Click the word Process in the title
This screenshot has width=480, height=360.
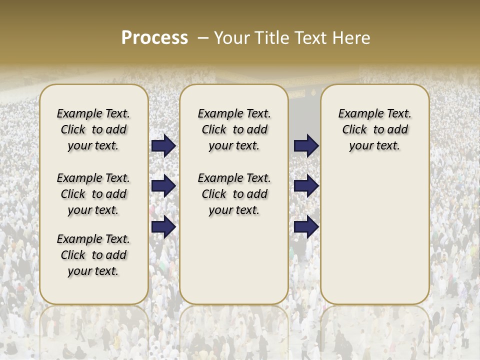[154, 38]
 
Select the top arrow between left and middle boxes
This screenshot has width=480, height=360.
[163, 145]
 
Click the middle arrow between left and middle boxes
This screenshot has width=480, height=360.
[163, 186]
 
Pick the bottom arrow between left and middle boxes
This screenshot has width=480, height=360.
[163, 227]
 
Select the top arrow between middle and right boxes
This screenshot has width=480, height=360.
[305, 145]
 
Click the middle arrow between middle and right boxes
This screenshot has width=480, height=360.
[305, 186]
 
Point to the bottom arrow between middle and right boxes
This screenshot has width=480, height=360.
[305, 227]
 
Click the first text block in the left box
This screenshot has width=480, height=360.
[93, 129]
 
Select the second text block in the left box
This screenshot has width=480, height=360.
[93, 194]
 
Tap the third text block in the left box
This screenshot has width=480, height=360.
[93, 255]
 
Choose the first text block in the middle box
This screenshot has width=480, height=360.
[234, 129]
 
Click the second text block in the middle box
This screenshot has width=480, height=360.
[234, 194]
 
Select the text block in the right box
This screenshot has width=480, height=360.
[374, 129]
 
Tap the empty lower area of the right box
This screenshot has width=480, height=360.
[374, 235]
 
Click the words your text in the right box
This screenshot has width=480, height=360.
[374, 145]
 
